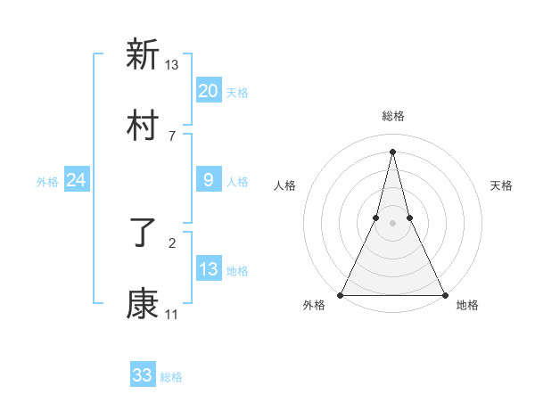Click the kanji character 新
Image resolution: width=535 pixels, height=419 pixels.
coord(143,55)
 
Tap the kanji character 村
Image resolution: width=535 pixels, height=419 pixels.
coord(143,126)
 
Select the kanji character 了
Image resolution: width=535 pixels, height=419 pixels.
coord(143,234)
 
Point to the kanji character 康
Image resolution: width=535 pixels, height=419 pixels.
coord(143,305)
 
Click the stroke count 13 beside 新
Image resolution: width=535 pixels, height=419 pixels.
coord(172,64)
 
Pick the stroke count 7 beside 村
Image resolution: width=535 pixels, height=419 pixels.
coord(172,136)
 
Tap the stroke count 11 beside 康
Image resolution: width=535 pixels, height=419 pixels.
coord(172,314)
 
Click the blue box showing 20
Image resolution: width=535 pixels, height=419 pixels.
coord(209,91)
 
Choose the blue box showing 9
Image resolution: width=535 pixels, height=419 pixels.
coord(209,180)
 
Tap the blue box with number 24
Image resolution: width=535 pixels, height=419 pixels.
coord(77,180)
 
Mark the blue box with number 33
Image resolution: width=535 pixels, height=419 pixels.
coord(143,375)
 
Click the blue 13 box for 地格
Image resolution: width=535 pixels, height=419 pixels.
coord(209,269)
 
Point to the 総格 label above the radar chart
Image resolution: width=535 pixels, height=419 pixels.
coord(393,117)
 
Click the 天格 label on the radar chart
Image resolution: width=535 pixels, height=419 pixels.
coord(501,185)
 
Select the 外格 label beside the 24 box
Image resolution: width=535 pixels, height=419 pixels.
coord(47,181)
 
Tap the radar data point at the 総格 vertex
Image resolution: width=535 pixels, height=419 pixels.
coord(392,152)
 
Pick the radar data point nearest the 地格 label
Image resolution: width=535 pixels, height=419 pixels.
coord(444,294)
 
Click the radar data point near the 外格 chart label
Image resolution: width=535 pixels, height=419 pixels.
coord(341,294)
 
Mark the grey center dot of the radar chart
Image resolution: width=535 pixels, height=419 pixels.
coord(392,223)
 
